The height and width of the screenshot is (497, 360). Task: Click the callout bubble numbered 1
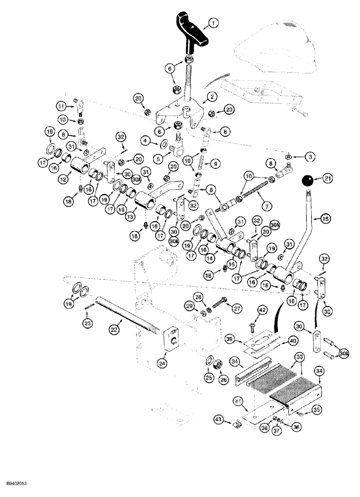tap(212, 22)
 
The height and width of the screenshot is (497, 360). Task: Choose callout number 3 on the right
tap(310, 157)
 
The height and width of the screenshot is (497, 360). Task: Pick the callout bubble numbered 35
tap(315, 410)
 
